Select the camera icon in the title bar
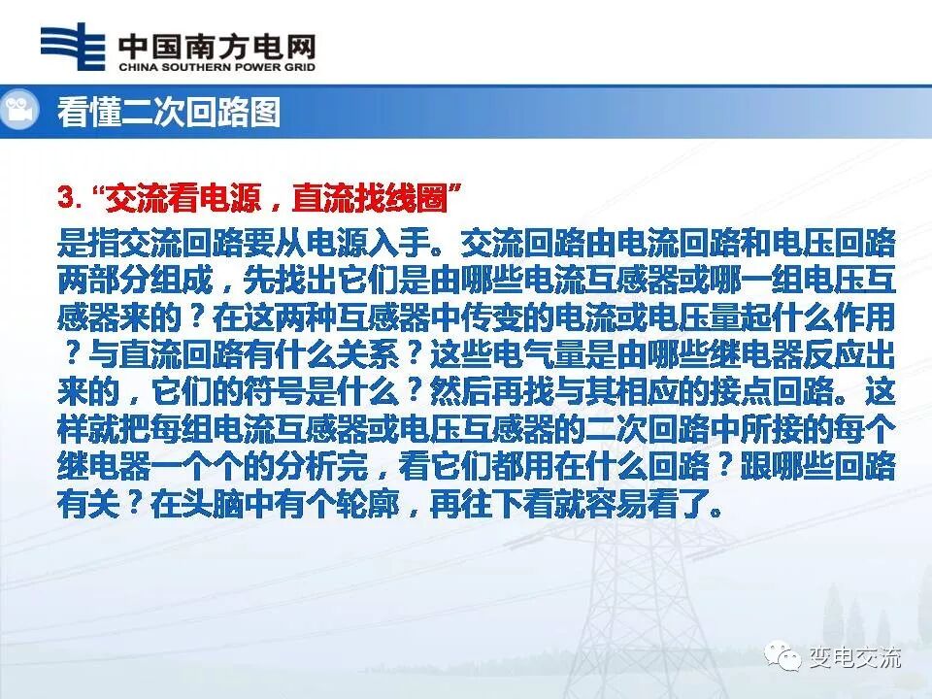tap(18, 111)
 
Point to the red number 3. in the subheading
tap(70, 198)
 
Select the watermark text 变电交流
tap(854, 658)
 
